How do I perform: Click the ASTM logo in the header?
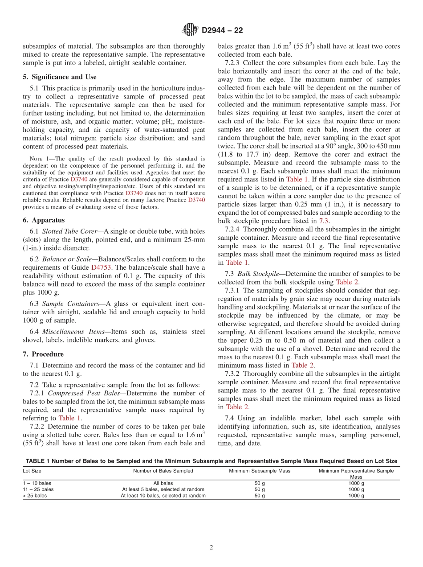[x=190, y=30]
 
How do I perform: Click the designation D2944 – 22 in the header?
[x=222, y=31]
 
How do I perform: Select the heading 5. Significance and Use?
[x=59, y=77]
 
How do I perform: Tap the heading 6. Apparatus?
[x=44, y=220]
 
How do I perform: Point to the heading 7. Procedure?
[x=43, y=354]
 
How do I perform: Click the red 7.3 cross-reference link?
[x=324, y=221]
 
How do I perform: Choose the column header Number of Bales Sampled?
[x=163, y=471]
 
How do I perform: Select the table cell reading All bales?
[x=163, y=483]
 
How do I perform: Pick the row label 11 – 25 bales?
[x=38, y=489]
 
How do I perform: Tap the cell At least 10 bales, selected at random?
[x=163, y=495]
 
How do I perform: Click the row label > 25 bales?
[x=35, y=495]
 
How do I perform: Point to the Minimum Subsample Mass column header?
[x=259, y=471]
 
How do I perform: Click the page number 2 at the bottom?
[x=211, y=548]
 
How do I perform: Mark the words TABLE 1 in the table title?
[x=38, y=461]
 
